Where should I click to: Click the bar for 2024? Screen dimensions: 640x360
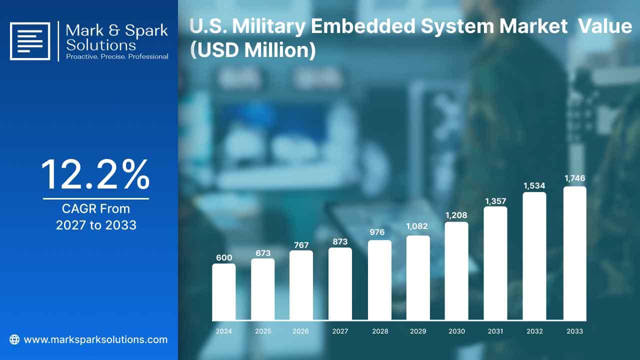pos(224,291)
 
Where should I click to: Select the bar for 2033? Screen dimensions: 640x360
pos(575,253)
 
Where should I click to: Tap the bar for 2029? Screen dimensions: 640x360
pos(418,277)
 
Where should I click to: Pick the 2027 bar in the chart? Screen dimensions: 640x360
pos(340,283)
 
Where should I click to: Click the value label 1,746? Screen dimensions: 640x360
pos(575,178)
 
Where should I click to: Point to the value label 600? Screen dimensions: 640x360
pos(224,257)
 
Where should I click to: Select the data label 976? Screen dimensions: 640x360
pos(377,232)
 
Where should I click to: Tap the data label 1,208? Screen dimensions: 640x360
pos(456,215)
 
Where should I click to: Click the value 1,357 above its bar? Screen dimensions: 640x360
pos(495,201)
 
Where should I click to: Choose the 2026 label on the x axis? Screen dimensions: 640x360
pos(300,331)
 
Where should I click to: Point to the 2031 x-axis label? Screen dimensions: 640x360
pos(495,331)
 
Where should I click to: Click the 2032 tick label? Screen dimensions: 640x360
pos(534,331)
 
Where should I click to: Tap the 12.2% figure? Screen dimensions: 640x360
pos(95,174)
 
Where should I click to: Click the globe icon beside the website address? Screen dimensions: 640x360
pos(14,339)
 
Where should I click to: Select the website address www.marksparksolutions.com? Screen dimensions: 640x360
pos(95,339)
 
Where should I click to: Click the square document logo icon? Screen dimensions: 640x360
pos(30,41)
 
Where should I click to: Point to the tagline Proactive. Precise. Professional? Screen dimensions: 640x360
pos(117,56)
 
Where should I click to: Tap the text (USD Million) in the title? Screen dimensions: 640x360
pos(253,50)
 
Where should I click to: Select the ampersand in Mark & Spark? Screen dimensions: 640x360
pos(114,30)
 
